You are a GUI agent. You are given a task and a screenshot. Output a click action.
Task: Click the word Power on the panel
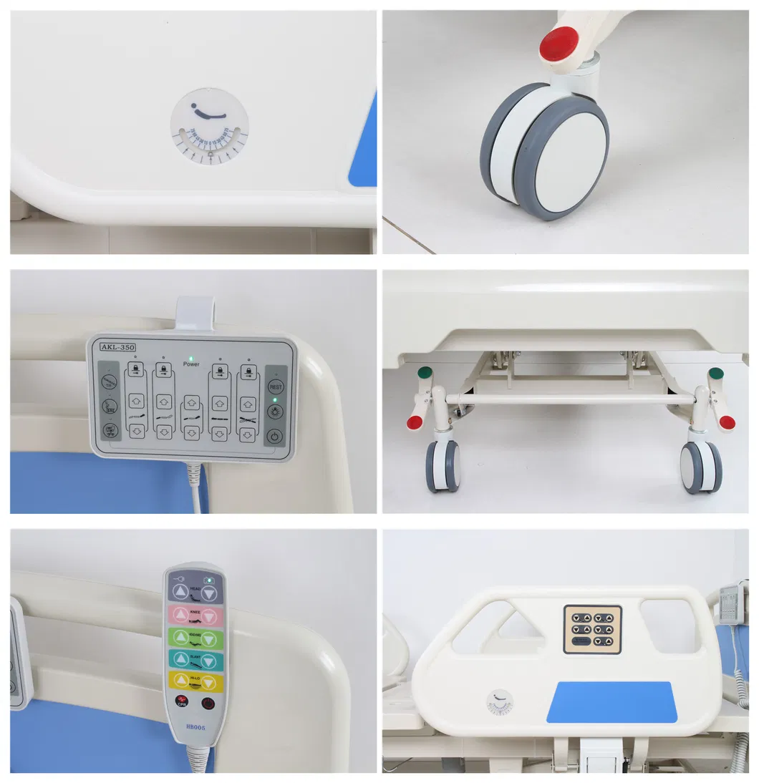[190, 364]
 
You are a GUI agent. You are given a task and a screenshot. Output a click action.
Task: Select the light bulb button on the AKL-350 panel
[275, 412]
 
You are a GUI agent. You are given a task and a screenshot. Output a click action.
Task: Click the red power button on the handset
[208, 703]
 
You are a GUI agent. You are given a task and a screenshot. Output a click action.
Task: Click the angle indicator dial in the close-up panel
[209, 127]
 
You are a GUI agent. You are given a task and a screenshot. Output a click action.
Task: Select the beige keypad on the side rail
[592, 629]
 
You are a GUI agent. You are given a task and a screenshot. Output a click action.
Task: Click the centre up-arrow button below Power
[190, 402]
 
